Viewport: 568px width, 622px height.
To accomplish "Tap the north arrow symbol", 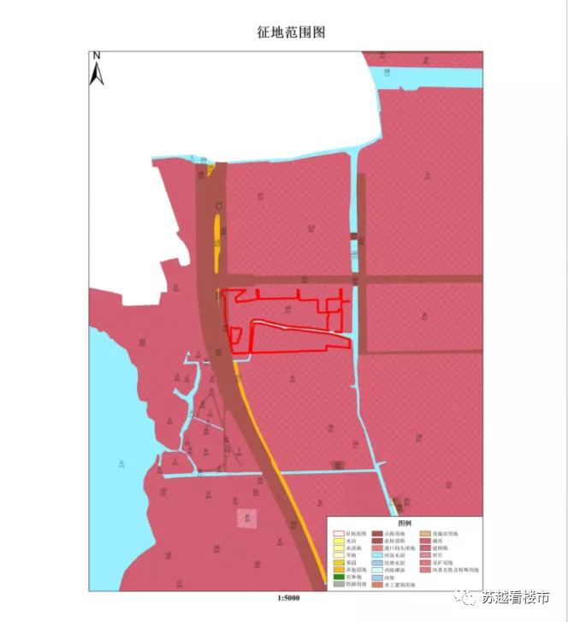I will (x=97, y=74).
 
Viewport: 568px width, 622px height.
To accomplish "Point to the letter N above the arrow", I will (x=97, y=56).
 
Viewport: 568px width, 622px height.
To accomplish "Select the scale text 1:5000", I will (x=285, y=599).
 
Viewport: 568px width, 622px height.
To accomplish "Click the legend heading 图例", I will (x=405, y=522).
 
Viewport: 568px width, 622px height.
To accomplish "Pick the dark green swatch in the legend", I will (x=339, y=578).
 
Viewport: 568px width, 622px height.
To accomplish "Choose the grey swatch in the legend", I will (x=339, y=586).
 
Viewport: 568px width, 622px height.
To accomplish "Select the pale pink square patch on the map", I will (x=246, y=518).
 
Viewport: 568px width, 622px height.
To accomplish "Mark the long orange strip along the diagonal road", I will (x=274, y=462).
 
